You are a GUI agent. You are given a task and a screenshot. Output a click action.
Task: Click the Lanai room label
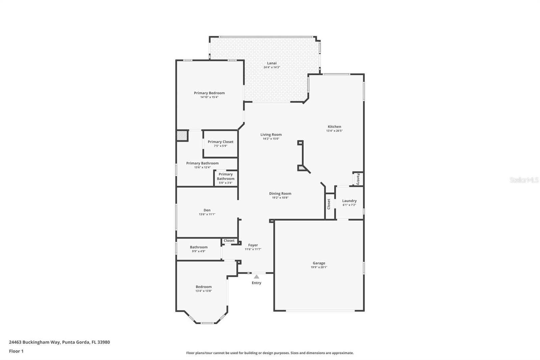pos(272,63)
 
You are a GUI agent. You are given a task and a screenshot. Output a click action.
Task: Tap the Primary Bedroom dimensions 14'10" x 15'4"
pos(209,97)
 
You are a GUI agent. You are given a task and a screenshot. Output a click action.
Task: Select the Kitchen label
pos(334,127)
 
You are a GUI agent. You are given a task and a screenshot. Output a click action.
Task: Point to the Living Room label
pos(271,134)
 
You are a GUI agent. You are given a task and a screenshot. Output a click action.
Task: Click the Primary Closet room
pos(220,144)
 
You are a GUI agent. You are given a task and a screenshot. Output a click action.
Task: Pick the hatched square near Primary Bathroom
pos(182,136)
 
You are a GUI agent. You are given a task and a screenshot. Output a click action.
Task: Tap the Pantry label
pos(358,179)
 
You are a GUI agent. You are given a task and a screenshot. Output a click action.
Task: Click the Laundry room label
pos(349,201)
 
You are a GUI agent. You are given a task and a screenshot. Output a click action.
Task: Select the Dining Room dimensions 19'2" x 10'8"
pos(280,198)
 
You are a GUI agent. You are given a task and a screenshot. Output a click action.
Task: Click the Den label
pos(207,210)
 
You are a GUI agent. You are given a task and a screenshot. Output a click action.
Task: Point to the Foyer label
pos(253,245)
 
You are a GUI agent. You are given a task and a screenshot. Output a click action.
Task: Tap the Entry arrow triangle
pos(256,277)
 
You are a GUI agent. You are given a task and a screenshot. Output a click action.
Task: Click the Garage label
pos(319,263)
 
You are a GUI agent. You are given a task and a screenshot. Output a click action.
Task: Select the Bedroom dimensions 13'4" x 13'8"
pos(204,291)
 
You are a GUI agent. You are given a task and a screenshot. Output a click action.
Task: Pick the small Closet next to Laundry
pos(329,204)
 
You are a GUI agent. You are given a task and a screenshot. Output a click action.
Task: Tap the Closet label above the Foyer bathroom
pos(229,241)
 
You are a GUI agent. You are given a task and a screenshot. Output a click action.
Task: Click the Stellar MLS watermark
pos(524,180)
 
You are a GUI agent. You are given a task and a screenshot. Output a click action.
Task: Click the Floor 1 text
pos(16,351)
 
